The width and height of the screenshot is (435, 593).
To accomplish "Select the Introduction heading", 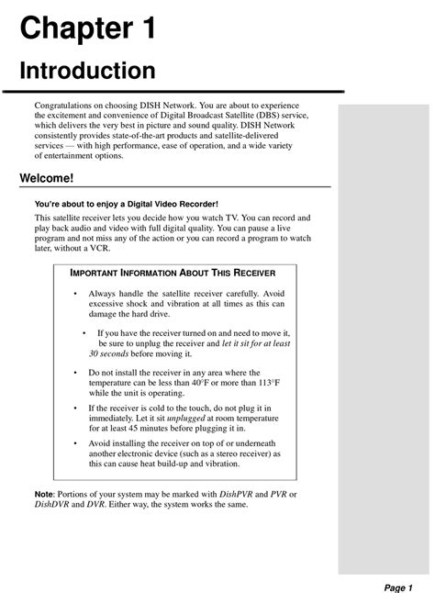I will [88, 71].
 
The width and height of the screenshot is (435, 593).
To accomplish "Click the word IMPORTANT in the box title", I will [99, 274].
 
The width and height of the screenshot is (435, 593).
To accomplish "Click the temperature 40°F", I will [218, 384].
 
